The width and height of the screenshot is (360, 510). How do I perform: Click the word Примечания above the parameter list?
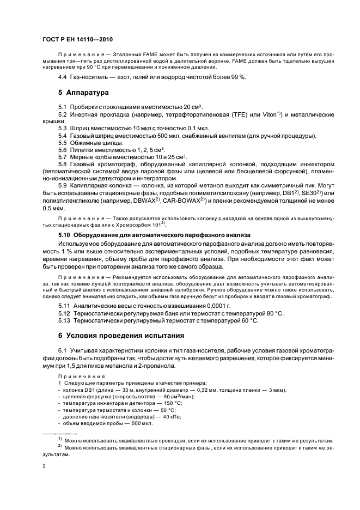click(x=77, y=377)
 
